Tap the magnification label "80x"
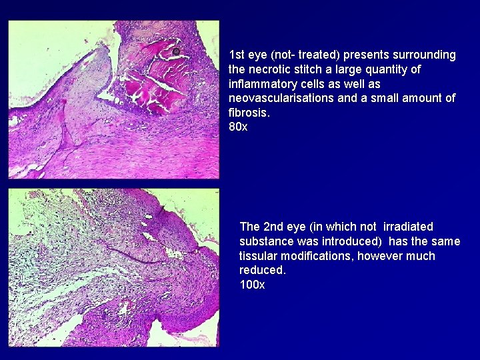pos(237,127)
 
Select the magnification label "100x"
pos(252,285)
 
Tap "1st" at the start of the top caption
pos(237,55)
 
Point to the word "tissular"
pos(258,256)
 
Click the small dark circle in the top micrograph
pos(176,51)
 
